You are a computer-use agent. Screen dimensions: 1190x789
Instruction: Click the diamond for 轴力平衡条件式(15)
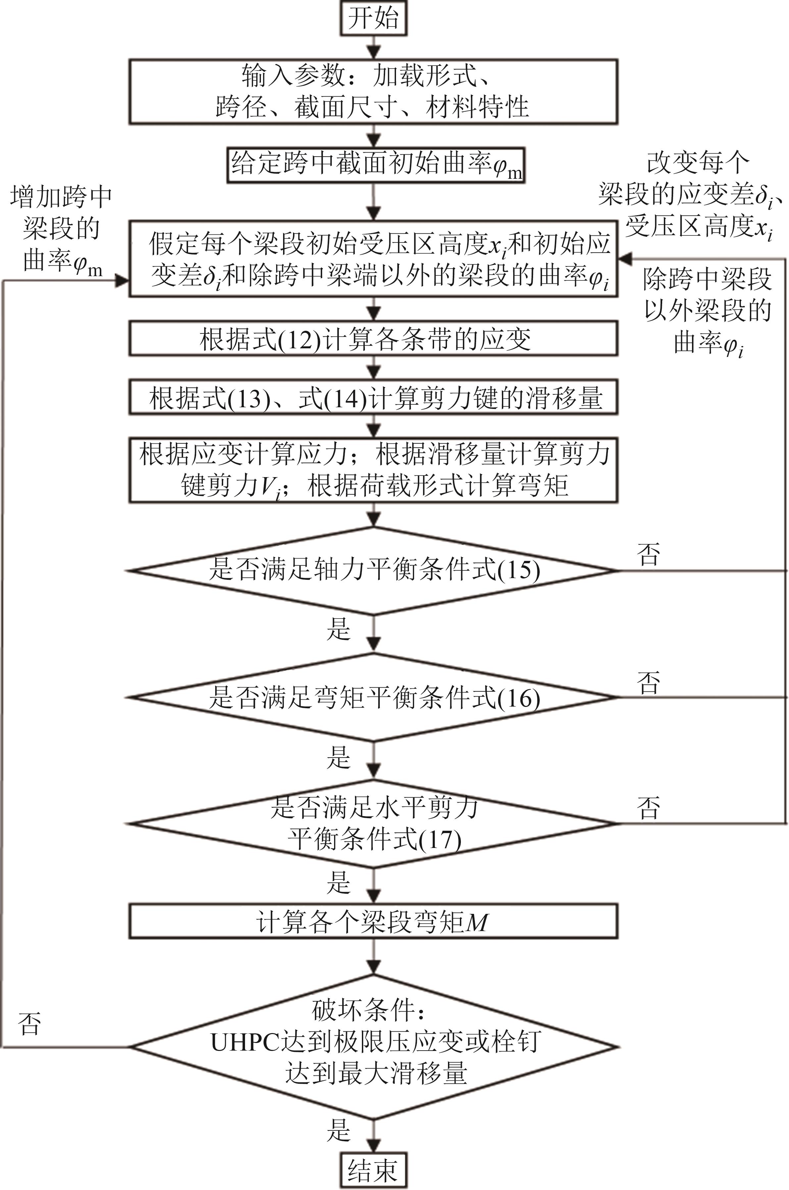(373, 570)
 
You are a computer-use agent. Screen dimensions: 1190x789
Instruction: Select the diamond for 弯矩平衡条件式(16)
(373, 697)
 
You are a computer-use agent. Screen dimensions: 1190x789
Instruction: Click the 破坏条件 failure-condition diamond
(373, 1047)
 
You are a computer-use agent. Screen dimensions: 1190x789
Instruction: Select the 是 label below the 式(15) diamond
(338, 628)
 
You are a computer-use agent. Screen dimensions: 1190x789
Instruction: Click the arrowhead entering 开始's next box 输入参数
(373, 52)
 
